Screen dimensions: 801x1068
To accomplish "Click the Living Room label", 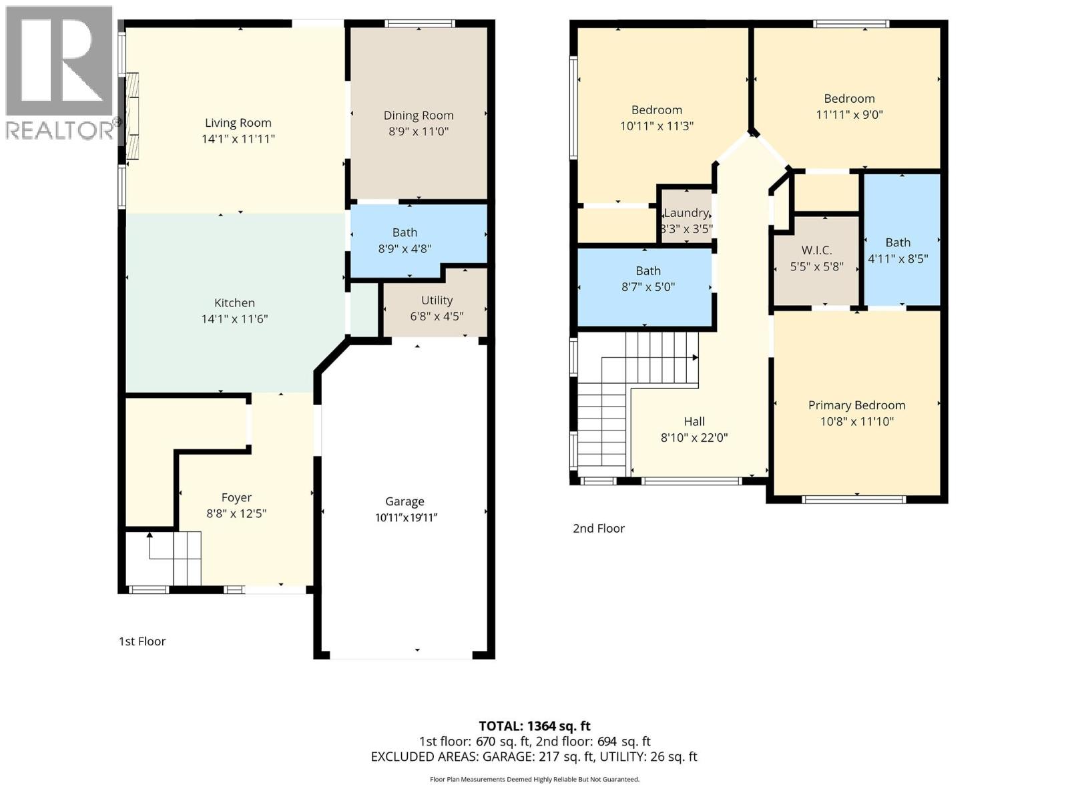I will pos(238,123).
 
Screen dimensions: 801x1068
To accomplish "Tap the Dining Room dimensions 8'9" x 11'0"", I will pos(419,131).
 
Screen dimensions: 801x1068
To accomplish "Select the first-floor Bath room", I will pos(405,240).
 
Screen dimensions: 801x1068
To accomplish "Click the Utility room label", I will pos(437,300).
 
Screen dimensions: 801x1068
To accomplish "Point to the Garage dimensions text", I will pos(405,517).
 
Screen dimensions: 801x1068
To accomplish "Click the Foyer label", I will pos(236,497).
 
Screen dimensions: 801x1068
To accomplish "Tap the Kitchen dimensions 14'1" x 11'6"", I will pos(234,319).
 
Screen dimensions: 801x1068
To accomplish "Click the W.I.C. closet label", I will pos(816,250).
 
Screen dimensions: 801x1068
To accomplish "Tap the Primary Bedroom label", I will pos(856,405).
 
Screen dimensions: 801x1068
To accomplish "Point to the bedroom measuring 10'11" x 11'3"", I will pos(657,117).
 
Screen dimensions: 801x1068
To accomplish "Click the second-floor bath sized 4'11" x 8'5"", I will pos(898,250).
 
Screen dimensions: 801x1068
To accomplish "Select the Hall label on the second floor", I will pos(694,422).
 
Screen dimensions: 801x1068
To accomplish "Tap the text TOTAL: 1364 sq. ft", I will pos(534,726).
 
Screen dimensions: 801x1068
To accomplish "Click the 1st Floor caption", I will pos(142,641).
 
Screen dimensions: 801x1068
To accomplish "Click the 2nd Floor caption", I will pos(599,529).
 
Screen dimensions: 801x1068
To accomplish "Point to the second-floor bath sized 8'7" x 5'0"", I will pos(647,278).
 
